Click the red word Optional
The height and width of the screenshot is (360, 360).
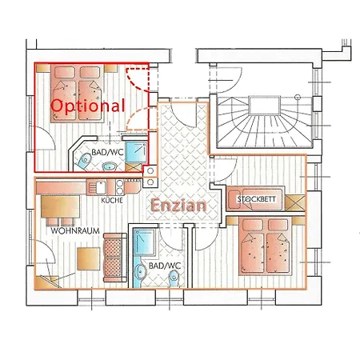coord(88,105)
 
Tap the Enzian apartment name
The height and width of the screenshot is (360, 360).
coord(178,205)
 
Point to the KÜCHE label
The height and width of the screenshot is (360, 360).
coord(112,200)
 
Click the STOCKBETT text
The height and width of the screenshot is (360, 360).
coord(257,198)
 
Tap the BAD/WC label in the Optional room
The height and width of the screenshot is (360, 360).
coord(107,151)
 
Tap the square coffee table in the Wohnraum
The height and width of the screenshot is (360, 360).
coord(87,258)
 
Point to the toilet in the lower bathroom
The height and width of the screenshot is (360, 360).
coord(174,277)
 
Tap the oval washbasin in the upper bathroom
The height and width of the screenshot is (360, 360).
coord(110,166)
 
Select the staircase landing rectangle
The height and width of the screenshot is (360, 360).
coord(262,104)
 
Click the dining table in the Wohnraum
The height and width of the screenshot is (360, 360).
coord(54,209)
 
